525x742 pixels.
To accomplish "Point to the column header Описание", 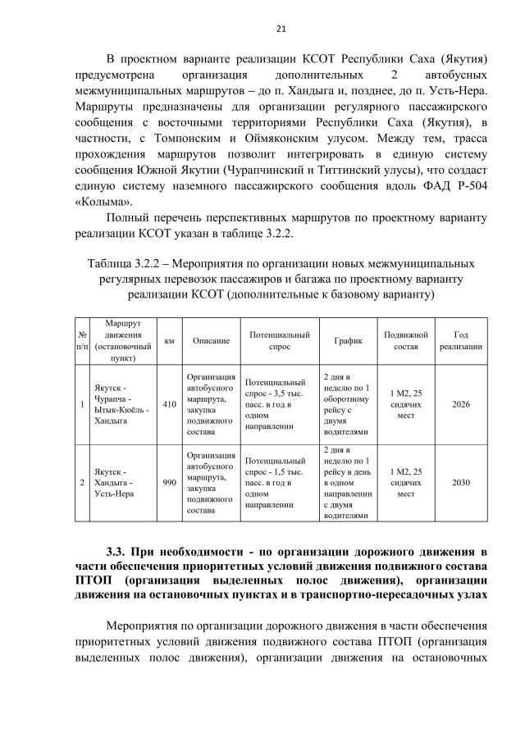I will pos(211,340).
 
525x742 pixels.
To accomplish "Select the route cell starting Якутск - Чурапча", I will pos(121,404).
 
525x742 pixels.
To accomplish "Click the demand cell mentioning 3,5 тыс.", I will pos(276,404).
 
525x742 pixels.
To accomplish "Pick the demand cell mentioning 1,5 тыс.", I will pos(276,482).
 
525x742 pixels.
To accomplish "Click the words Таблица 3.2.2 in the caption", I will pos(123,265).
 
